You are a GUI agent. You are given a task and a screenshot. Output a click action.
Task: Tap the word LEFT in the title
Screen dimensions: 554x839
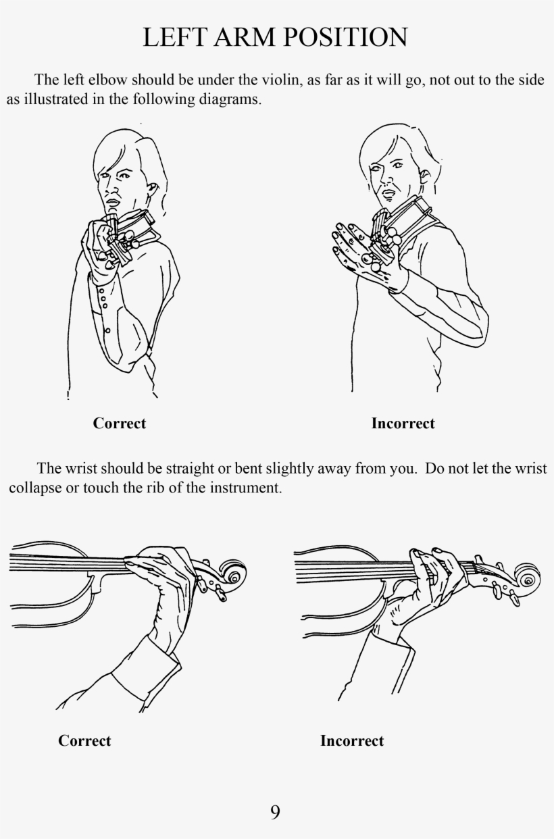(174, 37)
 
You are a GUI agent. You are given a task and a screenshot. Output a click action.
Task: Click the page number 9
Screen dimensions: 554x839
(275, 812)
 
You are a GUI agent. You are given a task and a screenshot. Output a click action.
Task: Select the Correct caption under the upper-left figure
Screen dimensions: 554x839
(119, 424)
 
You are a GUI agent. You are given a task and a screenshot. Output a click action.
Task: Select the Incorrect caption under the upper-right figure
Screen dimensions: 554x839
(403, 424)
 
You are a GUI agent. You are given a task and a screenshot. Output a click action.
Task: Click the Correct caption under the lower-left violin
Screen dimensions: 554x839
(84, 740)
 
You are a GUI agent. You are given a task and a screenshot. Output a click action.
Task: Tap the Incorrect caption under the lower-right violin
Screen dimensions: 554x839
(352, 740)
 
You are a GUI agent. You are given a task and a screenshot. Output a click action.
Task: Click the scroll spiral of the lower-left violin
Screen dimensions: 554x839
(233, 576)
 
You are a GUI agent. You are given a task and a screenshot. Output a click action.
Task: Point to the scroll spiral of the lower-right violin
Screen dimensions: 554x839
(527, 580)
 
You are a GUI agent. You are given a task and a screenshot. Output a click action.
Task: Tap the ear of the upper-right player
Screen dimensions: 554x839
(424, 176)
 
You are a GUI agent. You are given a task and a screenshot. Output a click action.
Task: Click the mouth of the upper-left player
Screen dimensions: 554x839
(112, 201)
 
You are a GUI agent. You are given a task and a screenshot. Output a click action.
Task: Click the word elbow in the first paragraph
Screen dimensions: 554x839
(109, 80)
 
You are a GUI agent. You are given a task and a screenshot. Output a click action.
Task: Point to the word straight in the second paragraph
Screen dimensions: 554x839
(189, 469)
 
